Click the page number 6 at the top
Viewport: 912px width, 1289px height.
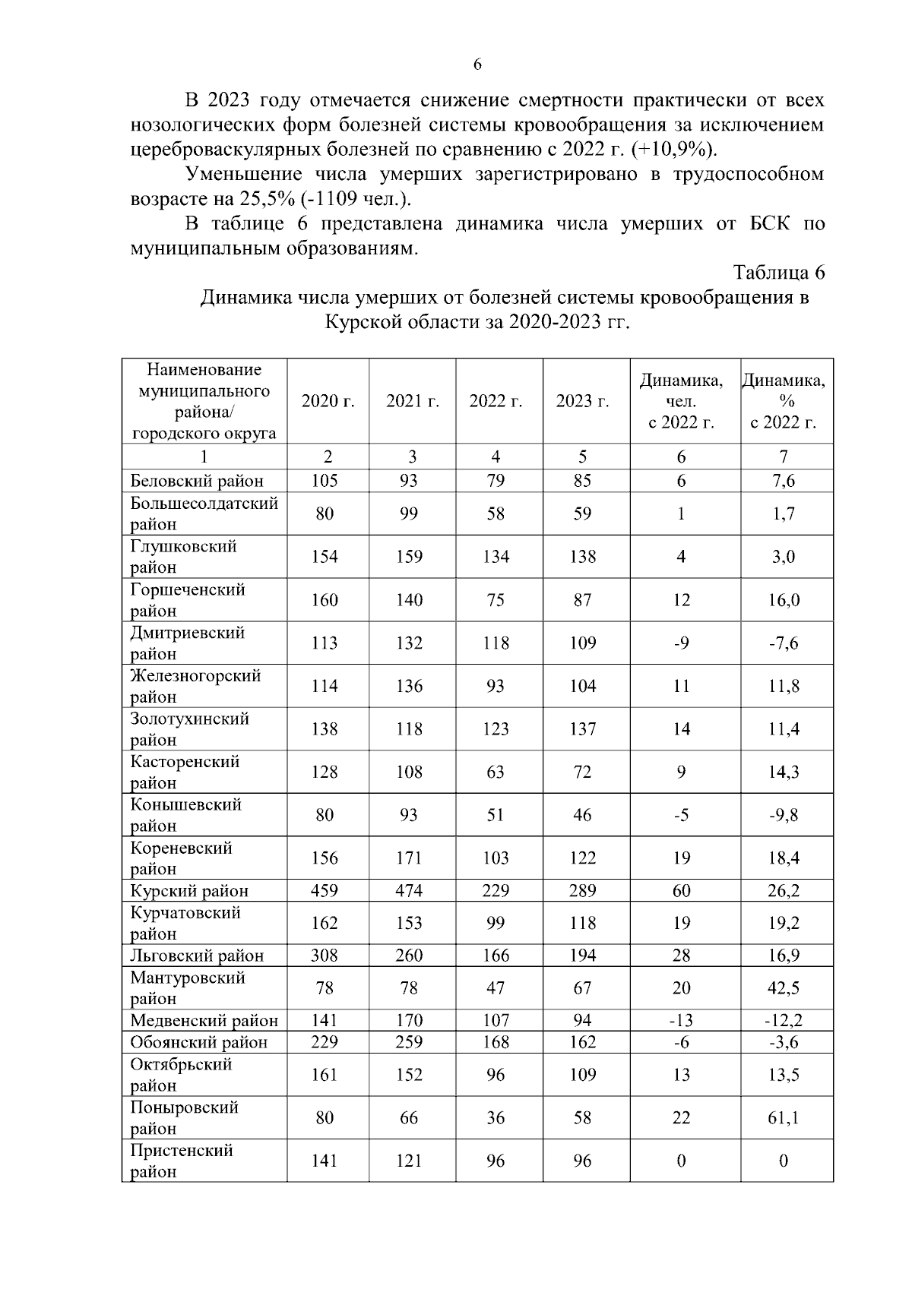[x=477, y=65]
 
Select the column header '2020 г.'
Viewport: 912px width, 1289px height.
[x=328, y=401]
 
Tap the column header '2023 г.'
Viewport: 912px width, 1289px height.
[x=582, y=401]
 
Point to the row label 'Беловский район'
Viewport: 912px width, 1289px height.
[x=197, y=481]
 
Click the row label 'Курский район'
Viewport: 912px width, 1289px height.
[x=189, y=891]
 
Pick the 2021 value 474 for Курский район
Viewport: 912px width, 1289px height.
[x=409, y=891]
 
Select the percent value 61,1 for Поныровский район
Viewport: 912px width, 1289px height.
[x=783, y=1118]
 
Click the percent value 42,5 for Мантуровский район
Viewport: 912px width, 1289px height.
[x=783, y=988]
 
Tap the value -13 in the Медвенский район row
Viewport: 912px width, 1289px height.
[x=681, y=1021]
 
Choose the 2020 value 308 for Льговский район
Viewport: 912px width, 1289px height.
[x=325, y=956]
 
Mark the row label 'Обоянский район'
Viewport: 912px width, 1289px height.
[x=198, y=1042]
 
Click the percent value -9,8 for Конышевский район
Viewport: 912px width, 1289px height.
[x=783, y=815]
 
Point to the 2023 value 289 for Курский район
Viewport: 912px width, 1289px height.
[x=582, y=891]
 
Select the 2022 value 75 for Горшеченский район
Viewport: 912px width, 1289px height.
[x=496, y=600]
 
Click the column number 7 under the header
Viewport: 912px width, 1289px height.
[x=784, y=457]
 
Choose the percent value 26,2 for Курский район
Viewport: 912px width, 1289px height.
[x=783, y=891]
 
